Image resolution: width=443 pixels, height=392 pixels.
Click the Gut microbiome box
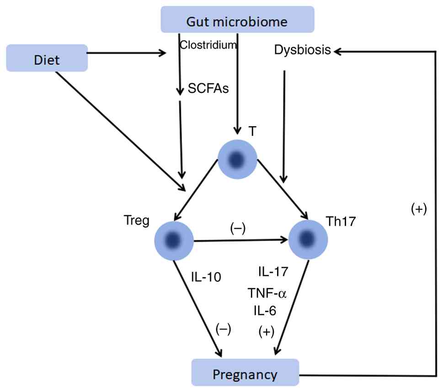pos(237,20)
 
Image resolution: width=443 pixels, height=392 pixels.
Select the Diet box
pos(47,58)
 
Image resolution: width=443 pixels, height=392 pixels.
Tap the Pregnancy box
pos(245,372)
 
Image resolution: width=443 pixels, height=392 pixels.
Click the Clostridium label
pos(208,45)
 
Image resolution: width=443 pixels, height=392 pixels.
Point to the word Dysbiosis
pos(303,50)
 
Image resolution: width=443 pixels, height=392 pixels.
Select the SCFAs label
pos(208,88)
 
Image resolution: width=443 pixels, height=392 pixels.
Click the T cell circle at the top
pos(237,159)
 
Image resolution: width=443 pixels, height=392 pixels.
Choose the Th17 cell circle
pos(308,240)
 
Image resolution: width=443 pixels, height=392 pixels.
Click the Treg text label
pos(136,221)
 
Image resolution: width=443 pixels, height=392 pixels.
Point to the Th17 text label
pos(341,222)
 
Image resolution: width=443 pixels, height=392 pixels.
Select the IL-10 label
pos(206,277)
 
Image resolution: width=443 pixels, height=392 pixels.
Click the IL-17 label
pos(273,272)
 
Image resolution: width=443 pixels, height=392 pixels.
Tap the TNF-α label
pos(267,293)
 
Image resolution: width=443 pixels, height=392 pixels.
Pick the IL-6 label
pos(265,311)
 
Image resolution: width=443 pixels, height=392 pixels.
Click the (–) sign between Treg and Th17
pos(238,228)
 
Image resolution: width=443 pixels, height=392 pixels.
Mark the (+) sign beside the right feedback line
pos(419,209)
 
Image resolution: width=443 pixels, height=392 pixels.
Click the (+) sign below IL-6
pos(267,332)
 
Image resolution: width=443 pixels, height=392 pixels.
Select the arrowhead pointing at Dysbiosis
pos(337,52)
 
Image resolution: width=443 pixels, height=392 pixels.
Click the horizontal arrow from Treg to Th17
pos(241,240)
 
